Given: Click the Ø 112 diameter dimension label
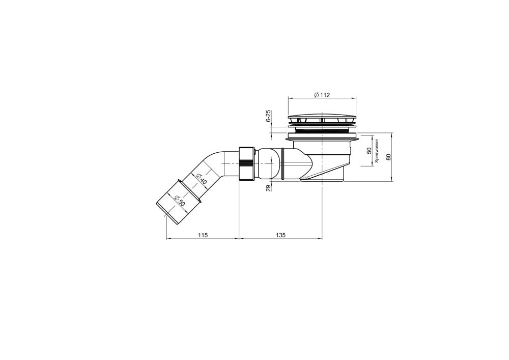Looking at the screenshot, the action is pyautogui.click(x=322, y=95).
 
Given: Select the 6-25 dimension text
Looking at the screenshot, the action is pyautogui.click(x=268, y=116).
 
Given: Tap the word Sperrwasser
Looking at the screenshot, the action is pyautogui.click(x=377, y=151).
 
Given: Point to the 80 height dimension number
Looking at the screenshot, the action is pyautogui.click(x=388, y=157).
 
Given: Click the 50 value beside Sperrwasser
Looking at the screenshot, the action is pyautogui.click(x=369, y=151).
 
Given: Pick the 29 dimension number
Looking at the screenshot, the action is pyautogui.click(x=268, y=188).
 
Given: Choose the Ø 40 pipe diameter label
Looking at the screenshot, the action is pyautogui.click(x=201, y=179).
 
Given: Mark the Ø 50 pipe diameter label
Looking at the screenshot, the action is pyautogui.click(x=179, y=201).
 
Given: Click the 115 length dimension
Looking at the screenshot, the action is pyautogui.click(x=203, y=235).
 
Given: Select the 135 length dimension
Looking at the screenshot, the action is pyautogui.click(x=280, y=235).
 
